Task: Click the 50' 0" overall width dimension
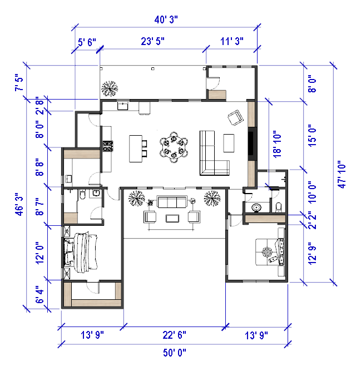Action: click(x=175, y=353)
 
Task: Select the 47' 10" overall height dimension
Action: click(x=342, y=174)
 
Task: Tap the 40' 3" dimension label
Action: click(x=166, y=19)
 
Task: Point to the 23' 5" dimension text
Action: click(x=152, y=41)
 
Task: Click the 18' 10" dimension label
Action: click(x=277, y=144)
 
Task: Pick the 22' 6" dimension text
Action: click(x=174, y=335)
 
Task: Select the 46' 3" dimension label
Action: click(x=19, y=204)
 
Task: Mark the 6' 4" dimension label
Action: click(x=39, y=295)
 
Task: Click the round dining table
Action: click(x=174, y=147)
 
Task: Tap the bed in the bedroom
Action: click(x=81, y=252)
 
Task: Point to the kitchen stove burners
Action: click(x=108, y=146)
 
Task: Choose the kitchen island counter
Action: click(x=136, y=149)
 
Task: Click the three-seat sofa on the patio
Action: click(x=172, y=202)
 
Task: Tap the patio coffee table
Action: click(x=172, y=218)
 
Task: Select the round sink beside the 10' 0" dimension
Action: click(x=256, y=207)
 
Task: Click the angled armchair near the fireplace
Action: click(x=236, y=118)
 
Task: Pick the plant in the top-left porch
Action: click(x=110, y=88)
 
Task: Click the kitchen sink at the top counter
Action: click(x=122, y=106)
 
